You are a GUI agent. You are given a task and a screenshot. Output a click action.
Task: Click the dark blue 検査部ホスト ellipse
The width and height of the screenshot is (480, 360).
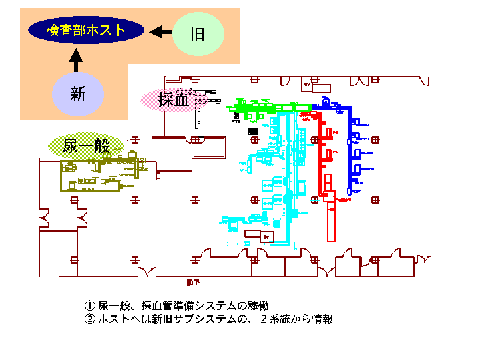85,31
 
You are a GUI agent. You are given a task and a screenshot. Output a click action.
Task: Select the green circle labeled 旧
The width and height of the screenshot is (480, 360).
197,33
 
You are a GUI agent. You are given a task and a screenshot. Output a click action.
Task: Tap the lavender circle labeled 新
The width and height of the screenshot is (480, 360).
78,94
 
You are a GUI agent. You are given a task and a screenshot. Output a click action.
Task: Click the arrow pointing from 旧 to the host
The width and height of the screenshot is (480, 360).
160,31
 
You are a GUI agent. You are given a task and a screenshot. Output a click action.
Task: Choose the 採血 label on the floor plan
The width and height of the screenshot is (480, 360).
172,100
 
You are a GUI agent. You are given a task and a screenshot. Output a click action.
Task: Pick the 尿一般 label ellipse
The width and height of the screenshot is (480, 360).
86,145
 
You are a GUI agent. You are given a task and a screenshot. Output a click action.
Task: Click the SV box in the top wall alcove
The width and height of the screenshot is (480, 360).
307,85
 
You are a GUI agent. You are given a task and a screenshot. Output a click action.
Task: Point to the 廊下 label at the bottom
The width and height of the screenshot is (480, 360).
194,282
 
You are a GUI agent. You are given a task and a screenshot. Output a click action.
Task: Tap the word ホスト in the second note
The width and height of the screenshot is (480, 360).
115,319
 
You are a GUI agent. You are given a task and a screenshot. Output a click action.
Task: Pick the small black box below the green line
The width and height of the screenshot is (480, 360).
253,132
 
